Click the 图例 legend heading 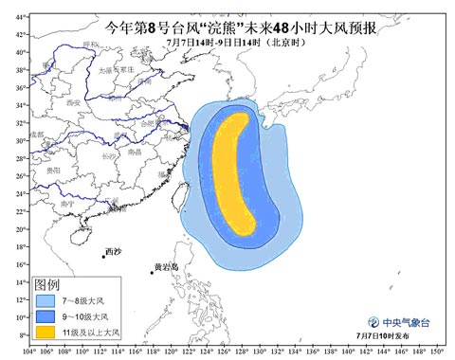point(46,284)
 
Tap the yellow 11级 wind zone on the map point(234,171)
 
